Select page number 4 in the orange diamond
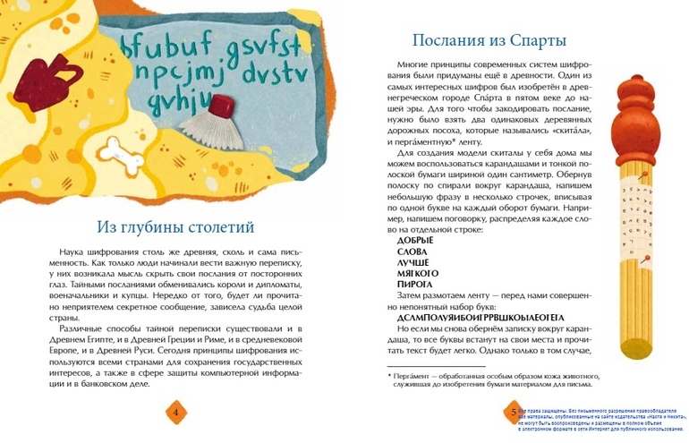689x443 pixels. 175,412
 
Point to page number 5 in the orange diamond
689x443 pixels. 513,412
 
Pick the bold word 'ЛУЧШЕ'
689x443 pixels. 413,262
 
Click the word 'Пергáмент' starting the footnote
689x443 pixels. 413,377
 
